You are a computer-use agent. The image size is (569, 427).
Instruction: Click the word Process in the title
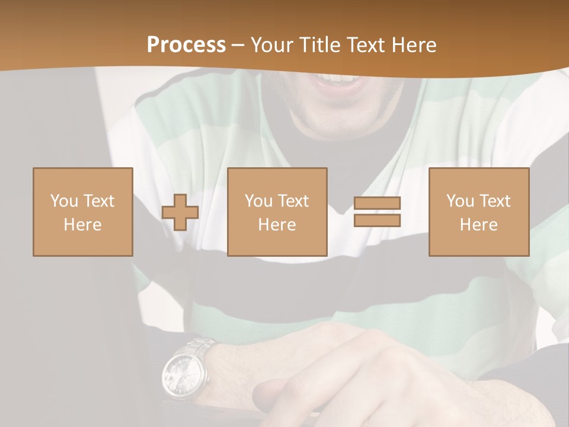(x=186, y=45)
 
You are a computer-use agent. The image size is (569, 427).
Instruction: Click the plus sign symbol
(x=180, y=212)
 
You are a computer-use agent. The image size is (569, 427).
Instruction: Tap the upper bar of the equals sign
(x=377, y=203)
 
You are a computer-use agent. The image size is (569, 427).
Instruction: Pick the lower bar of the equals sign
(x=377, y=220)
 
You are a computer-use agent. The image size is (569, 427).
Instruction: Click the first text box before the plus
(x=83, y=212)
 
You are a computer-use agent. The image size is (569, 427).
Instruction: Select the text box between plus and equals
(x=277, y=212)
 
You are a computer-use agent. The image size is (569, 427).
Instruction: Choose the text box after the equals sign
(x=479, y=212)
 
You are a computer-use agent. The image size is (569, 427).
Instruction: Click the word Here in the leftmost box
(x=83, y=225)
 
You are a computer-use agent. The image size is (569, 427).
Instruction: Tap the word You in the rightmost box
(x=460, y=201)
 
